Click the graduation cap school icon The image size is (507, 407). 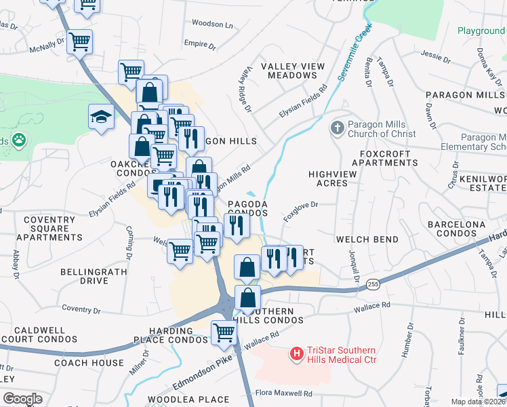(101, 116)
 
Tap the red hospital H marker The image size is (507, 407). (296, 353)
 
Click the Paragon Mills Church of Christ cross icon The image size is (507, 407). (337, 128)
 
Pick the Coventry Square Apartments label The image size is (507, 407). (49, 229)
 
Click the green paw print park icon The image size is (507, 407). (18, 141)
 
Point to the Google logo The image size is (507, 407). (22, 399)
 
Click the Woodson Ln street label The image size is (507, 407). (211, 24)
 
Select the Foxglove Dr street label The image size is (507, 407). (302, 208)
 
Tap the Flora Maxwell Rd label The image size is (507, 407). (283, 393)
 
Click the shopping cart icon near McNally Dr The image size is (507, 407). (79, 42)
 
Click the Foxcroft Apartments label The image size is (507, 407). (386, 158)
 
